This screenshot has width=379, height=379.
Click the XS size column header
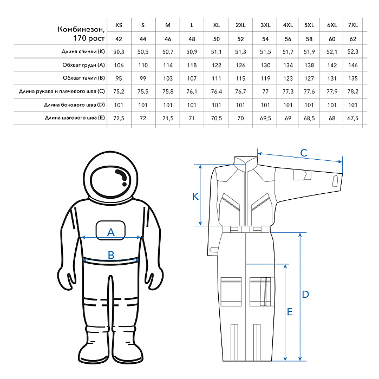(x=119, y=25)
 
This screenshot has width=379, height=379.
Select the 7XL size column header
(x=353, y=25)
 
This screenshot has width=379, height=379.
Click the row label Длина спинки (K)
(x=82, y=51)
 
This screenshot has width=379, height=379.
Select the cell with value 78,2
(x=353, y=91)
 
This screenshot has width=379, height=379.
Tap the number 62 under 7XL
(x=353, y=39)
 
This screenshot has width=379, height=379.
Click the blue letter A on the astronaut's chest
(x=111, y=232)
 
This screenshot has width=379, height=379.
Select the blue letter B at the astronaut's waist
(x=111, y=255)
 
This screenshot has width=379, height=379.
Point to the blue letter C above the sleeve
(x=304, y=153)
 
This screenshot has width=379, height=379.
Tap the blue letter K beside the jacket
(x=195, y=197)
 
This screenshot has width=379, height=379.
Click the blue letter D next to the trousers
(x=305, y=295)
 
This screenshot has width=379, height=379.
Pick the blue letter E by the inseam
(x=290, y=312)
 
